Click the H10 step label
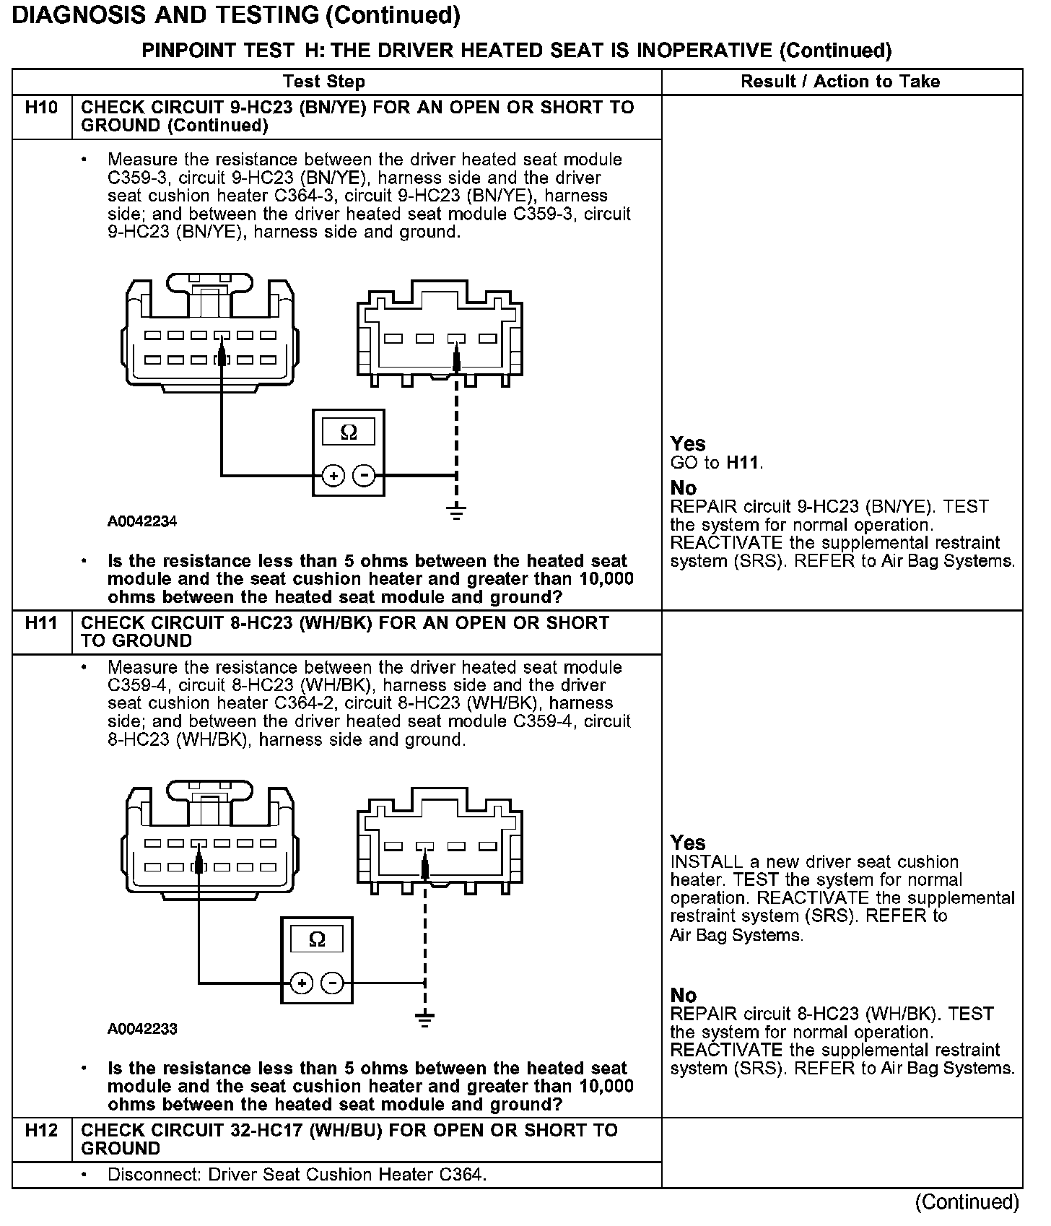tap(41, 108)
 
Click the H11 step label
tap(41, 622)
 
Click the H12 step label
tap(41, 1130)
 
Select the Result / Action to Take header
tap(840, 82)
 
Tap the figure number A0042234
tap(142, 521)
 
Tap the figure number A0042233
tap(142, 1029)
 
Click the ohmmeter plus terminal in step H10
tap(333, 476)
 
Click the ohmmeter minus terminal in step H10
tap(365, 476)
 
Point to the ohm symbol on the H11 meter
tap(317, 939)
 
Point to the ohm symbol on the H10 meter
tap(349, 432)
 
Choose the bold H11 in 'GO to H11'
tap(743, 463)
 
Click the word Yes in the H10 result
tap(687, 443)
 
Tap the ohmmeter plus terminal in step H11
tap(302, 983)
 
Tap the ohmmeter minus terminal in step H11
tap(333, 983)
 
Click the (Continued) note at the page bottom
tap(967, 1202)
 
